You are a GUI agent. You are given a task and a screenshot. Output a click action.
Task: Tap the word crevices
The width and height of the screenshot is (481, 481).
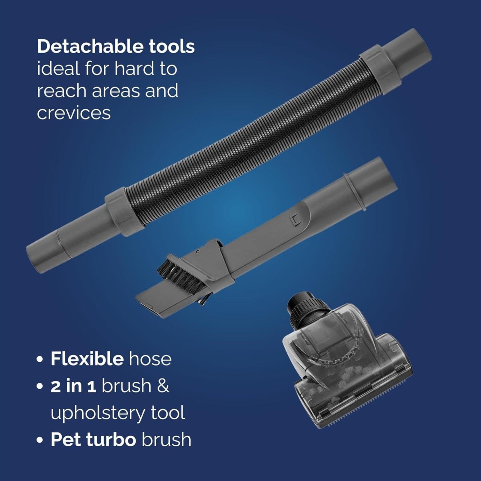[x=74, y=113]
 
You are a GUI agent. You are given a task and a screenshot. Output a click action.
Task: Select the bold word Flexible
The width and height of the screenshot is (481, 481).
[x=87, y=359]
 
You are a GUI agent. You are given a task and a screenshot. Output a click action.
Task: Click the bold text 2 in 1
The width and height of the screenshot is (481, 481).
[x=73, y=386]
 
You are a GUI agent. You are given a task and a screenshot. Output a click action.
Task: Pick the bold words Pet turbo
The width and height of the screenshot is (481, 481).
[x=93, y=440]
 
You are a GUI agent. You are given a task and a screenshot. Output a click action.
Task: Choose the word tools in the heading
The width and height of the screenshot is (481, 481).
[x=172, y=47]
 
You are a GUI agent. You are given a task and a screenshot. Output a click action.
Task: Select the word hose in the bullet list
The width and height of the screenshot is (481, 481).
[x=150, y=359]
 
